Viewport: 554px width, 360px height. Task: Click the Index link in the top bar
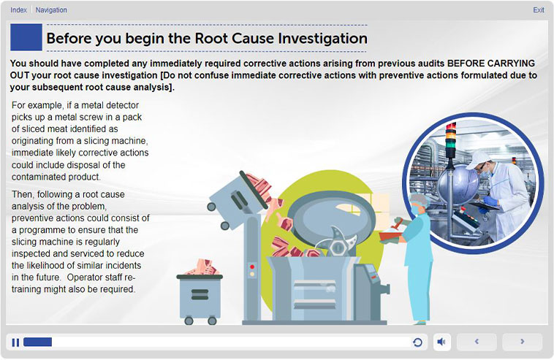[18, 10]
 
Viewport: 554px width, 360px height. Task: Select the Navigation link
[51, 10]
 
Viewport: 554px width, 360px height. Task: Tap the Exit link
[539, 10]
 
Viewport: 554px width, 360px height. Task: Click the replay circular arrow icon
[417, 342]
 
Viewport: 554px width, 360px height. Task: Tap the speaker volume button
[441, 342]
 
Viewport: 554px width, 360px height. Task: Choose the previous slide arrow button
[477, 341]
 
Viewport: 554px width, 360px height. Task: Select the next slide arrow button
[522, 341]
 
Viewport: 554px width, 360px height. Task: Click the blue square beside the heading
[26, 37]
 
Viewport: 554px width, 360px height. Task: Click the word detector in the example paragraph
[122, 105]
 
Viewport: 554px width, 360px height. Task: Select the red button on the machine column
[252, 267]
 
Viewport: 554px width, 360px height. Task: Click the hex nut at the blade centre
[338, 248]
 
